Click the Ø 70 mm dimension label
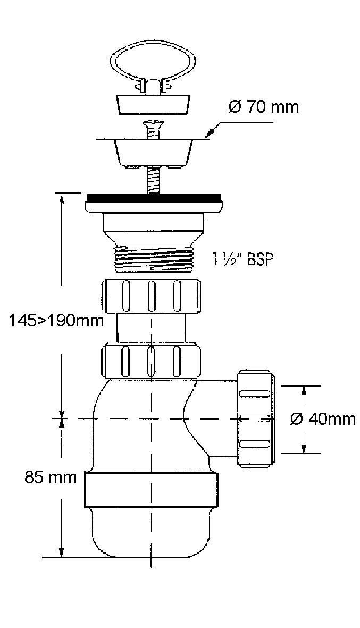click(x=264, y=107)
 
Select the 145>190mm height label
click(x=56, y=321)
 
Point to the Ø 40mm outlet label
click(x=323, y=419)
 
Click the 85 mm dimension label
click(x=51, y=478)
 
